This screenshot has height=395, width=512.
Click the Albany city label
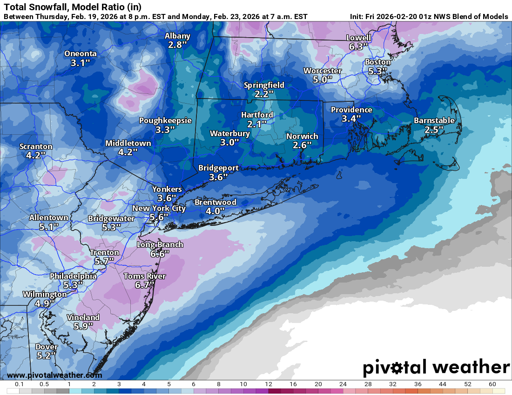click(177, 36)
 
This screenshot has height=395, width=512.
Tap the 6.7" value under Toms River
click(144, 285)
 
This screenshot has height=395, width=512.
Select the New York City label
click(159, 208)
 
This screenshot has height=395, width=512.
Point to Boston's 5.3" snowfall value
click(377, 71)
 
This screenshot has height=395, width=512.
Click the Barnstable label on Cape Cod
click(434, 121)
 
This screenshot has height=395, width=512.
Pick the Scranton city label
click(36, 146)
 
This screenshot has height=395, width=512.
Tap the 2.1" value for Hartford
click(257, 124)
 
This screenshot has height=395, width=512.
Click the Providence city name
click(351, 110)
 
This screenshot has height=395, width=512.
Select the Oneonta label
click(80, 53)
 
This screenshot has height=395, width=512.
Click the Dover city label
click(47, 347)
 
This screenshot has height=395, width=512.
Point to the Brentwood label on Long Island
click(215, 202)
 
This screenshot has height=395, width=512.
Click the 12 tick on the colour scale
click(268, 384)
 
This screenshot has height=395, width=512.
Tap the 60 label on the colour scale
click(492, 384)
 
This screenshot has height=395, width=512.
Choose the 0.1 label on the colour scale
click(20, 384)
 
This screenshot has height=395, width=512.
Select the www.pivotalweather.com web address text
click(54, 375)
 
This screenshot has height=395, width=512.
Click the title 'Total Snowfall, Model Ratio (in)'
click(73, 7)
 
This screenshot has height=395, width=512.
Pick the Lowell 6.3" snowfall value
click(358, 46)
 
